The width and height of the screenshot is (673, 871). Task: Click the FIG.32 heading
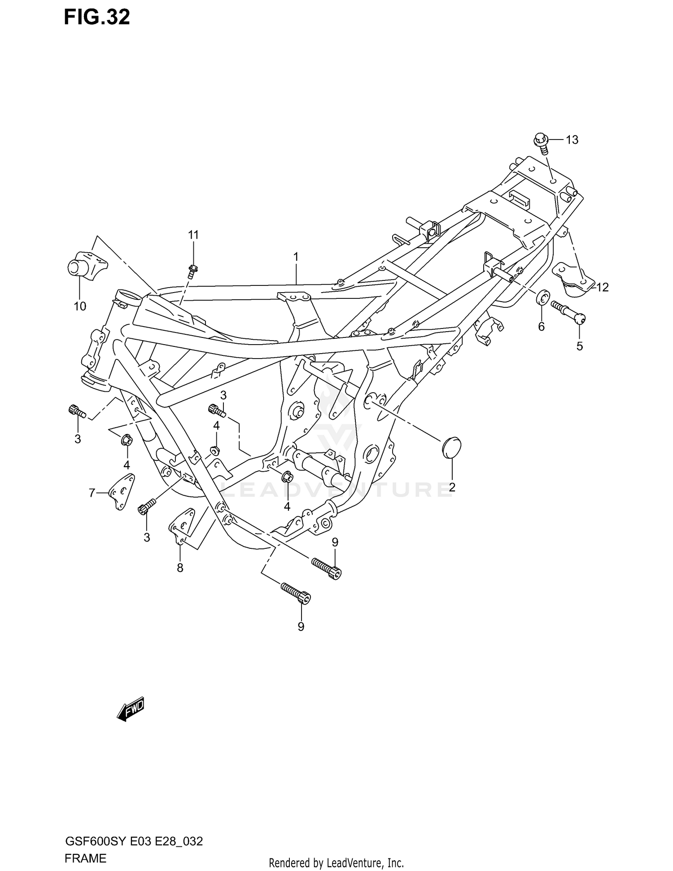coord(97,17)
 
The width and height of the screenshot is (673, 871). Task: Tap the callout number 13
coord(572,140)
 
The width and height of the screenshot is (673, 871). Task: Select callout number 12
coord(602,287)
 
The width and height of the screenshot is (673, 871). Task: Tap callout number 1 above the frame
coord(296,257)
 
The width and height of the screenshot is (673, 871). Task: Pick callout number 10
coord(80,306)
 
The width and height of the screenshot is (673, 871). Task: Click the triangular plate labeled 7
coord(121,491)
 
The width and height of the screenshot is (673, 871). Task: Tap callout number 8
coord(180,568)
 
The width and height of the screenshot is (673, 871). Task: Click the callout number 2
coord(452,487)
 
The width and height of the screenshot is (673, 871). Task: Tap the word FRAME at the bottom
coord(85,859)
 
